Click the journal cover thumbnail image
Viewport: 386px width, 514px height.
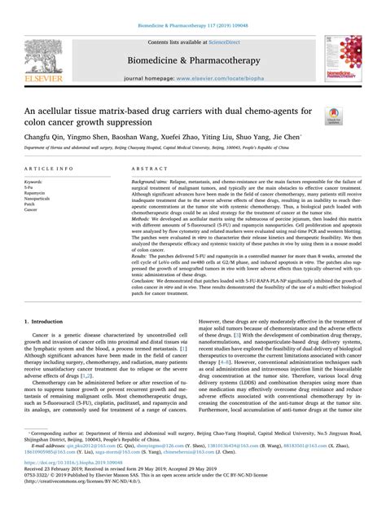tap(340, 56)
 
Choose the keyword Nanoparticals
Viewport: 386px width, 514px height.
tap(40, 198)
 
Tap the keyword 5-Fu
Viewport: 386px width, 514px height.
tap(32, 186)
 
